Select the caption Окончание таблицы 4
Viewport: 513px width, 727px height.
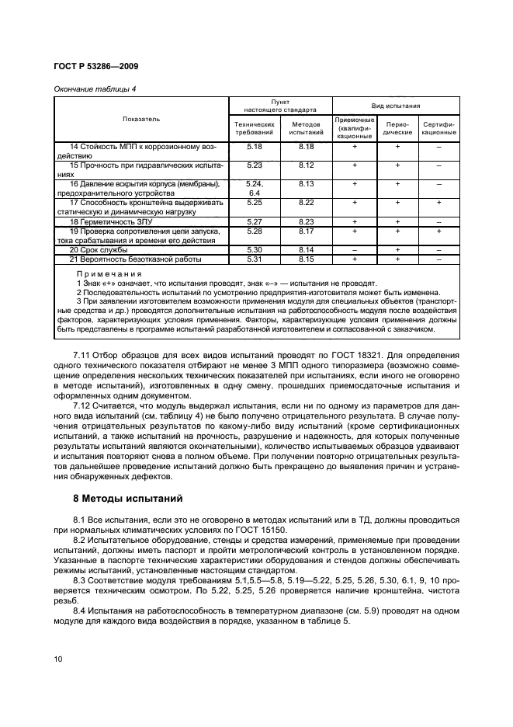click(95, 89)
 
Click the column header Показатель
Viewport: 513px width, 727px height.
click(140, 119)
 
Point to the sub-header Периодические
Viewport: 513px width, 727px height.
click(397, 127)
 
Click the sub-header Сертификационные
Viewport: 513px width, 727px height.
click(438, 127)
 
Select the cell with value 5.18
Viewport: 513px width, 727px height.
click(255, 146)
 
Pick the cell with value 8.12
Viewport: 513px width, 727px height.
click(306, 165)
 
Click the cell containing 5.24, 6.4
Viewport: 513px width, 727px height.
click(255, 188)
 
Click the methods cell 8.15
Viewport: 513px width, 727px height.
click(306, 259)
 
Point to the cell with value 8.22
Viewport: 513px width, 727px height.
click(306, 203)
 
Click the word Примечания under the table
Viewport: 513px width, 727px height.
click(109, 274)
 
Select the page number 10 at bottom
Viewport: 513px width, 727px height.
click(58, 659)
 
